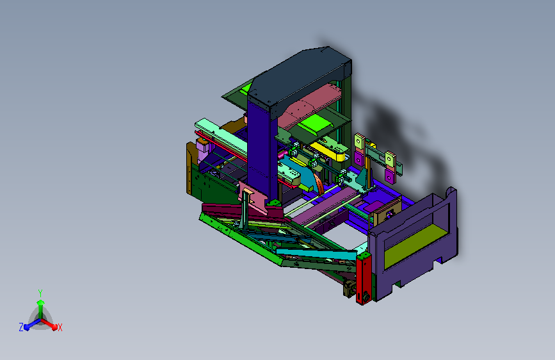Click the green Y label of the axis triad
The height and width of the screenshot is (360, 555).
(40, 293)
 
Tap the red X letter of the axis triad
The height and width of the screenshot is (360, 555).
(60, 327)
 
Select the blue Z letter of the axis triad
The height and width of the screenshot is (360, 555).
(21, 327)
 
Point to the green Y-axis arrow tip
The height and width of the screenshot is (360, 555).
(40, 302)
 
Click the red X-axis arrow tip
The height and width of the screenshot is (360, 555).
(54, 327)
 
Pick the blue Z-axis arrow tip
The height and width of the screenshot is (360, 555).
(26, 327)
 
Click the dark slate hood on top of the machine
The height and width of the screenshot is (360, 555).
(300, 79)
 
